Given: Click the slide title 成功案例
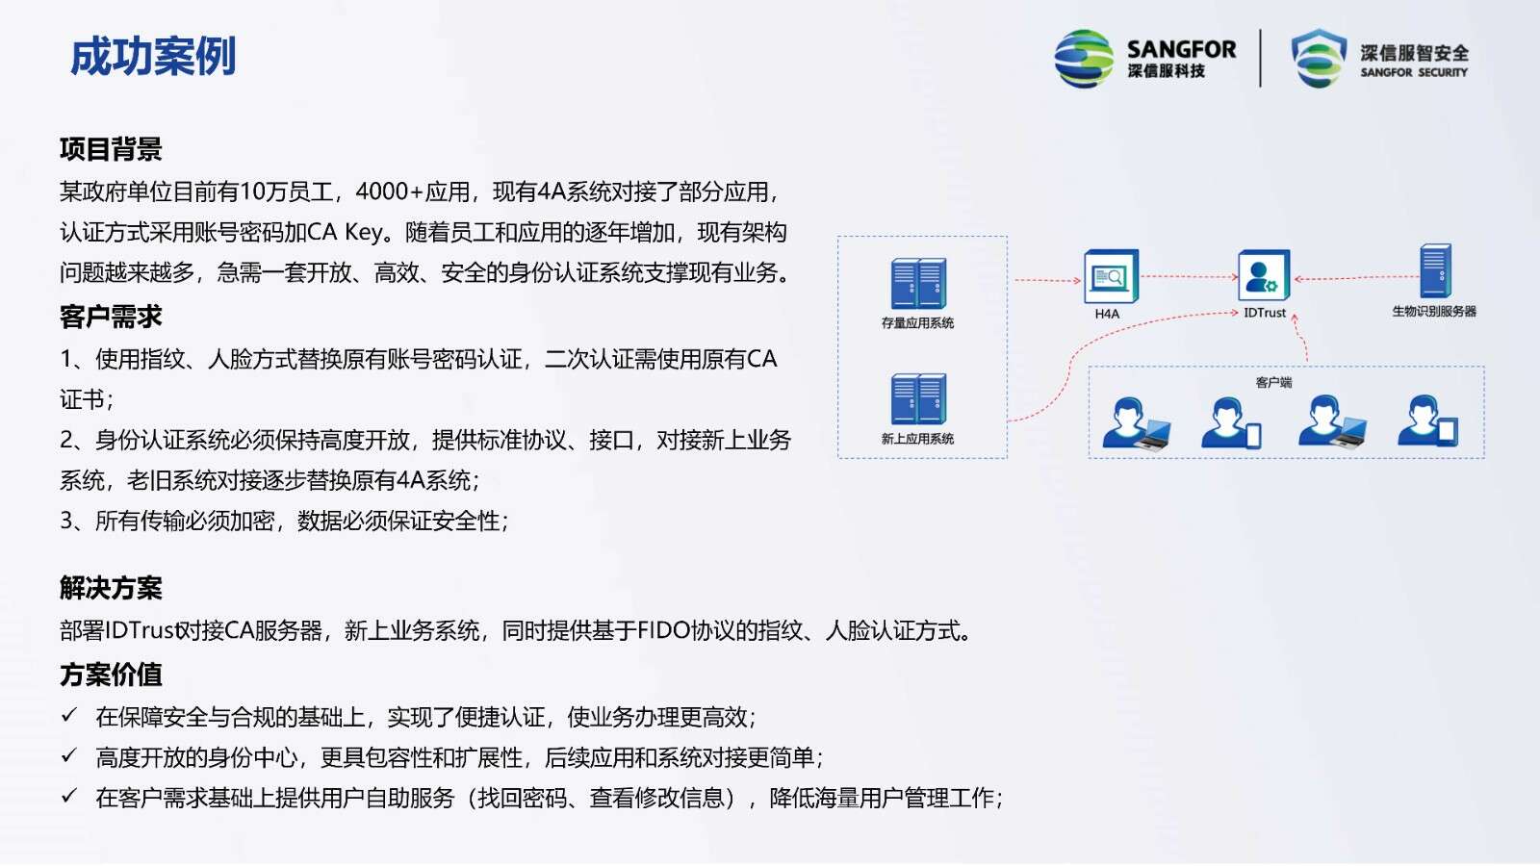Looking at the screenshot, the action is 153,57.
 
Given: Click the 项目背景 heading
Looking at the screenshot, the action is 111,149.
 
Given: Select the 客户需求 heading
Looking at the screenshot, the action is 111,317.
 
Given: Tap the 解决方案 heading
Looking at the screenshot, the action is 111,588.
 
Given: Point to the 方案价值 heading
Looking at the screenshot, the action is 111,675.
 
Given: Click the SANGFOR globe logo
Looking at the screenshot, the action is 1084,59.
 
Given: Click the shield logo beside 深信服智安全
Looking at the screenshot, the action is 1318,59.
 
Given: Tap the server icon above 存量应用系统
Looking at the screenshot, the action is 918,284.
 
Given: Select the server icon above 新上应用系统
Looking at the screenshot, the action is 918,399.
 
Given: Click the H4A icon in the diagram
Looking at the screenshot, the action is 1111,276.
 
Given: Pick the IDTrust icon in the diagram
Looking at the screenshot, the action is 1264,275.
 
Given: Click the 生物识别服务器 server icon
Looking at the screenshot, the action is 1435,271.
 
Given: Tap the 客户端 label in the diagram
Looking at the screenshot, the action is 1273,382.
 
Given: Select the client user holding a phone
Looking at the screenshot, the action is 1231,423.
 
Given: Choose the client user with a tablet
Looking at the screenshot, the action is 1428,421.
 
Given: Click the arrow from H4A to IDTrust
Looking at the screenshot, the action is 1189,276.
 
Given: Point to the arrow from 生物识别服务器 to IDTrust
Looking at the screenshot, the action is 1356,278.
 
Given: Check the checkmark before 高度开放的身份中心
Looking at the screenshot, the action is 68,756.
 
